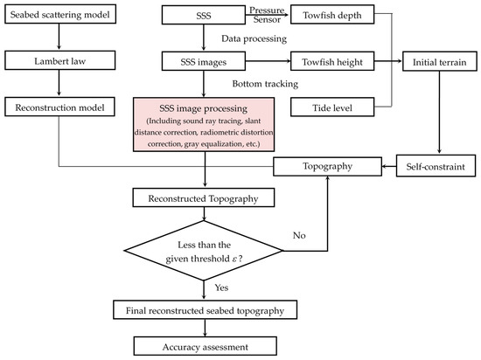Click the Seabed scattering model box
60,14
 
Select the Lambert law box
60,60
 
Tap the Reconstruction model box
59,107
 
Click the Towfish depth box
332,15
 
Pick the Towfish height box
332,61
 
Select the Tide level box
332,107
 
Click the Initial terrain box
440,61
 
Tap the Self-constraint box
436,166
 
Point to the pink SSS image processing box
204,125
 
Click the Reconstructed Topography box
204,198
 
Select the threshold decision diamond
204,251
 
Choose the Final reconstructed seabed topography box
205,309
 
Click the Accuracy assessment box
206,346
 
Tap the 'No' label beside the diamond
299,235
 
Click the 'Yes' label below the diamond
221,287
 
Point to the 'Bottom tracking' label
265,84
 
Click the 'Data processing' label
254,38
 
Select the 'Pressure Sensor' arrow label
267,15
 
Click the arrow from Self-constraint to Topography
389,166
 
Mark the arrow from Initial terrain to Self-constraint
439,112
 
